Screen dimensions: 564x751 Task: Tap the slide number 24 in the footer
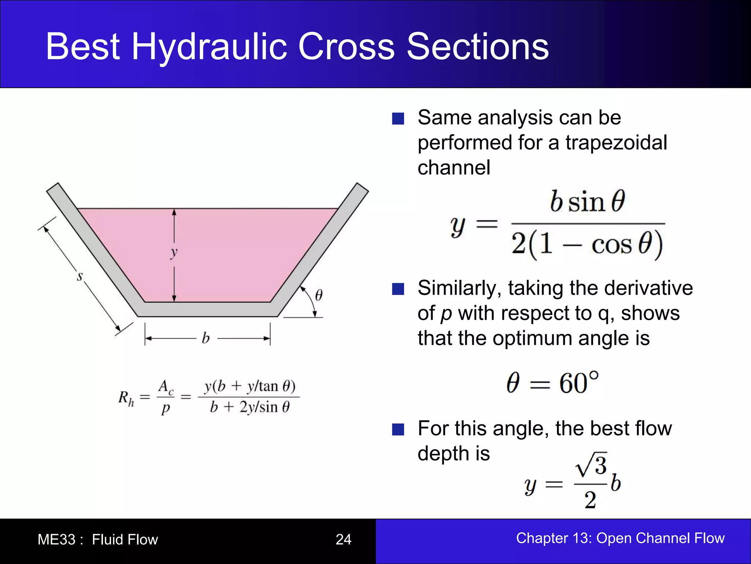tap(343, 539)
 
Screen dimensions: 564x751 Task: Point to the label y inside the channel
tap(174, 252)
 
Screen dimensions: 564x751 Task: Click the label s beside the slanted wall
tap(80, 276)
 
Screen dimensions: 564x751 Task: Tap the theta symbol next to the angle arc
tap(319, 295)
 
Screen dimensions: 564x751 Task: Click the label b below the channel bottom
tap(206, 338)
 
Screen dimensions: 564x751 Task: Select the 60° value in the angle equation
tap(579, 383)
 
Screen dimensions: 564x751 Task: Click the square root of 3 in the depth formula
tap(591, 465)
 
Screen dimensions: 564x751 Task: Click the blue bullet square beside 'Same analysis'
tap(398, 119)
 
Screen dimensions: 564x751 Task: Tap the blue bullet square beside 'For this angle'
tap(398, 429)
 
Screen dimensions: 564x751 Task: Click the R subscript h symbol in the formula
tap(126, 398)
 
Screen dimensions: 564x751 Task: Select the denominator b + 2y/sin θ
tap(249, 407)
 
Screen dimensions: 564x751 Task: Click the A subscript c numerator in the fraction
tap(165, 387)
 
